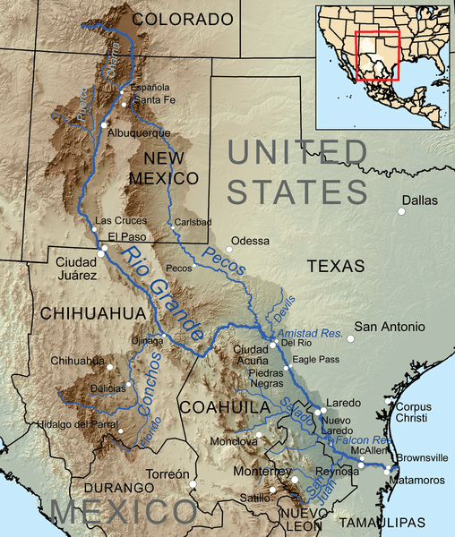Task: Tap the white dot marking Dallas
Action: [x=401, y=211]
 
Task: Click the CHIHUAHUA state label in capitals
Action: [x=80, y=312]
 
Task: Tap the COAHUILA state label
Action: [x=224, y=407]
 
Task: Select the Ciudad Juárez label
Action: [x=76, y=270]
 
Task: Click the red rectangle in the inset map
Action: [x=376, y=55]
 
